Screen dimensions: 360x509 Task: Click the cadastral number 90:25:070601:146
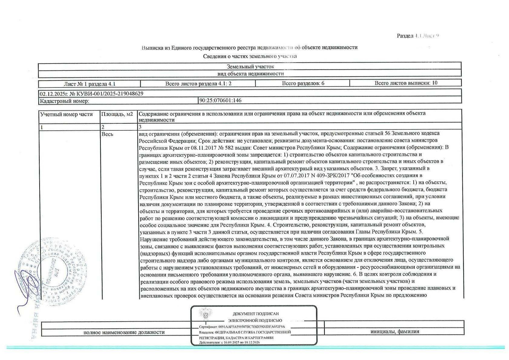pos(220,100)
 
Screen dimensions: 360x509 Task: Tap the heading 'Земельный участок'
pos(250,67)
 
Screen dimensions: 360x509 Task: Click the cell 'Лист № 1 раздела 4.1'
pos(90,84)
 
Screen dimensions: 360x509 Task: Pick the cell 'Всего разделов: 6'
pos(303,83)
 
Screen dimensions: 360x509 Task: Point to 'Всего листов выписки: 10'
pos(406,83)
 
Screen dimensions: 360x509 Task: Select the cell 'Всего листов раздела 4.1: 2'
pos(198,84)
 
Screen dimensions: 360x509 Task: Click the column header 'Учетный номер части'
pos(67,114)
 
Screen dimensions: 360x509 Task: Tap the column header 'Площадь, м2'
pos(117,114)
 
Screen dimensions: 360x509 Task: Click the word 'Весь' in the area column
pos(107,134)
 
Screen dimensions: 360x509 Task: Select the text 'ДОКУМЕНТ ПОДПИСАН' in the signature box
pos(256,314)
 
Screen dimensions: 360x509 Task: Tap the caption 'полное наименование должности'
pos(124,332)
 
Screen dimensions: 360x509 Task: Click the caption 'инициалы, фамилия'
pos(395,332)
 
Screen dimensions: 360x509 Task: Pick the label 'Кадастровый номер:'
pos(64,101)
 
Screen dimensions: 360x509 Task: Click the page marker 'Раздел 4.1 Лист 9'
pos(418,36)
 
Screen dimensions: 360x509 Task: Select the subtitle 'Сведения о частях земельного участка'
pos(250,56)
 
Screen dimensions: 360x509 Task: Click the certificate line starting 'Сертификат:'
pos(242,327)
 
